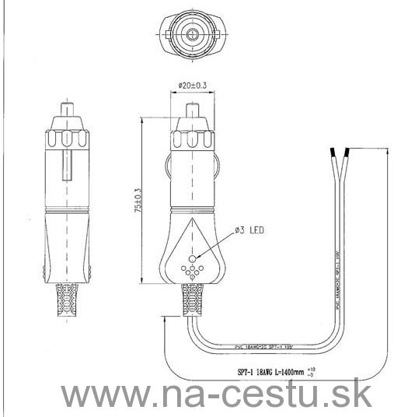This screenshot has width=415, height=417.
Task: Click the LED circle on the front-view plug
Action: tap(192, 254)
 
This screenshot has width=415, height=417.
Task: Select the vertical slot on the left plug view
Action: tap(68, 168)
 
